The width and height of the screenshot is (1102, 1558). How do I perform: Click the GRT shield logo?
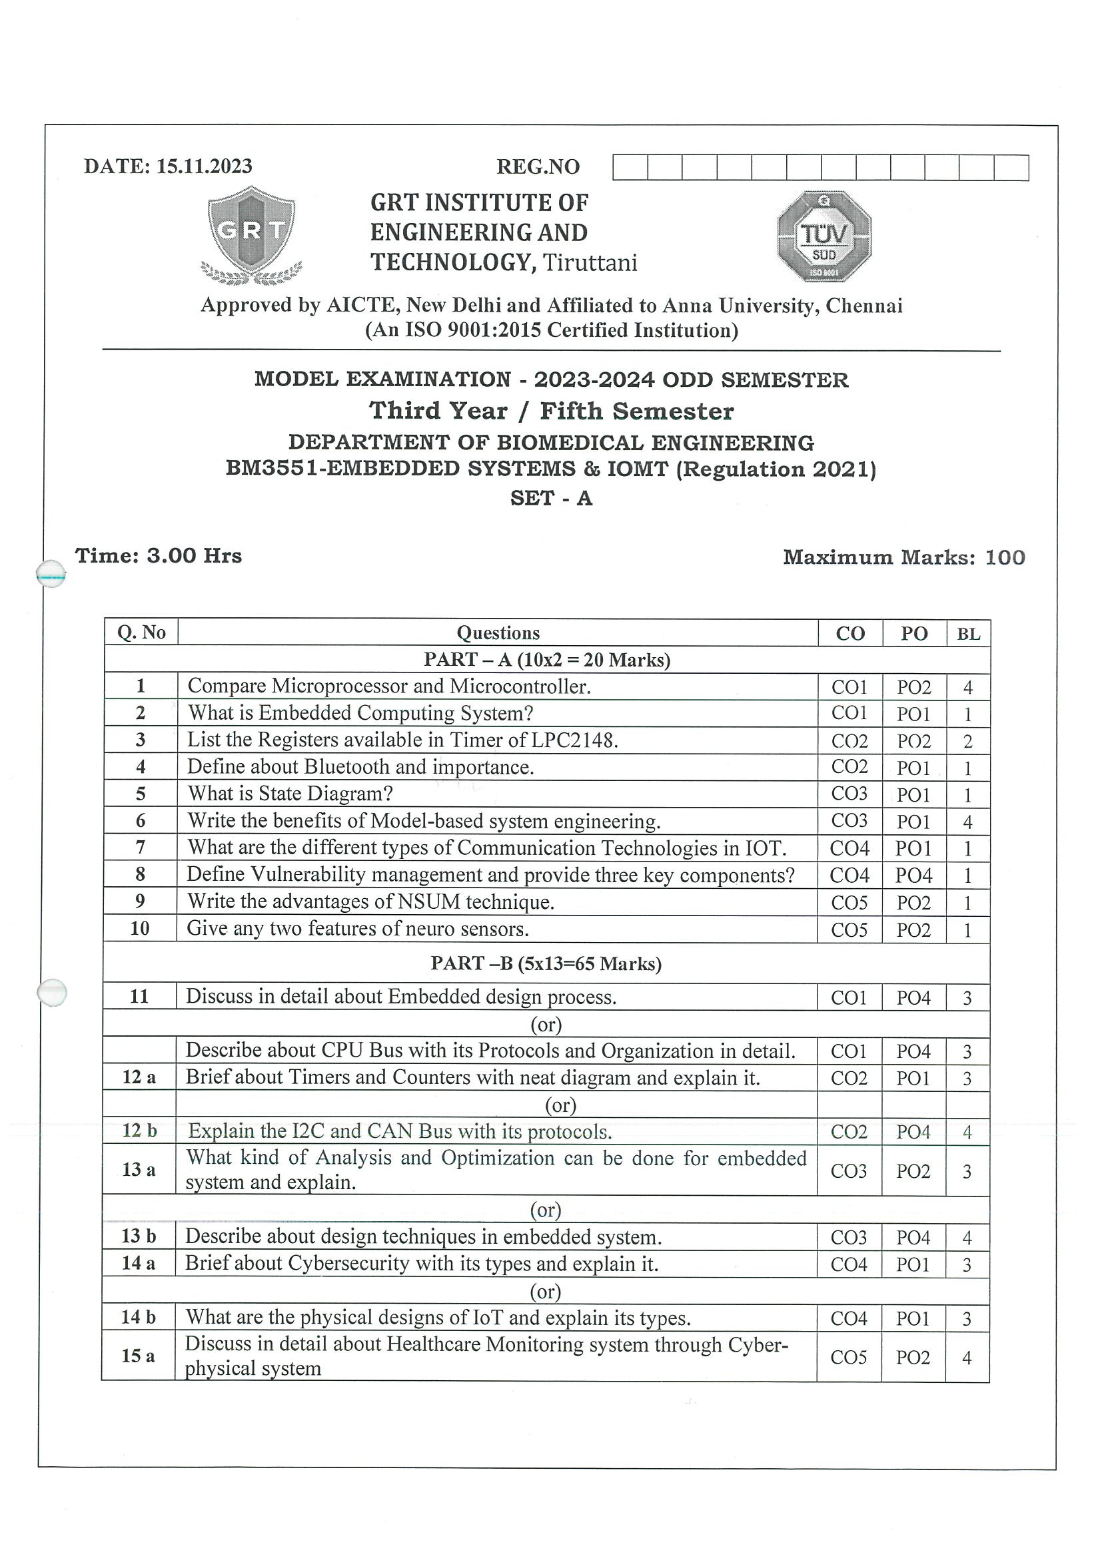251,234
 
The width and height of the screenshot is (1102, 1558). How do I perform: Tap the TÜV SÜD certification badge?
824,236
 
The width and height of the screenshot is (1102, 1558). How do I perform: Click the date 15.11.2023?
205,166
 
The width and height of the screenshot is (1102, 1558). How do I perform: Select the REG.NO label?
538,167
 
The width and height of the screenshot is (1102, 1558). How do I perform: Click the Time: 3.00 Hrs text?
158,556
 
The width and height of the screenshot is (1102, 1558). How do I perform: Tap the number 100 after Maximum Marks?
1005,557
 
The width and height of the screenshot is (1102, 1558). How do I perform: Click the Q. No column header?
141,633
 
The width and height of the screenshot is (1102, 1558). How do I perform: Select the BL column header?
968,634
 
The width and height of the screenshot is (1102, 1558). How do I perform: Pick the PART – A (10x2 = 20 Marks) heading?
546,660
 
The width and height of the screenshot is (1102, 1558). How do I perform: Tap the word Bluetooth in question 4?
347,767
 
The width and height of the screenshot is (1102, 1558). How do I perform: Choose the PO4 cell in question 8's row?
913,876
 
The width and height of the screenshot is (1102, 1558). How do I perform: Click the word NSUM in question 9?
429,902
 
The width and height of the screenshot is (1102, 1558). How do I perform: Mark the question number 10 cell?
140,928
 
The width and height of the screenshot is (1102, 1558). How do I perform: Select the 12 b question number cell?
139,1131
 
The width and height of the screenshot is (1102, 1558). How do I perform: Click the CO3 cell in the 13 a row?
849,1170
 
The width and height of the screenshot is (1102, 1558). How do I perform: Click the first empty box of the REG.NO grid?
630,167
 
